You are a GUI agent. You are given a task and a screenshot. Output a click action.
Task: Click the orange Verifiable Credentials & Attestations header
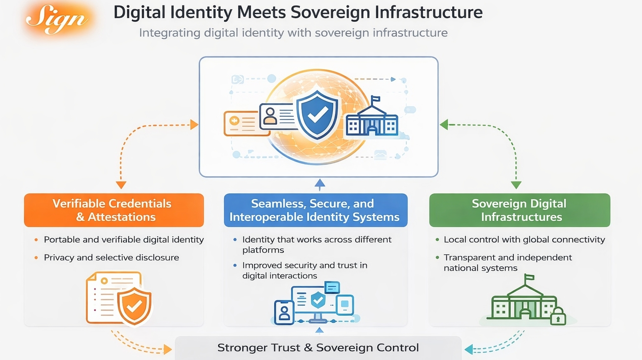(x=114, y=210)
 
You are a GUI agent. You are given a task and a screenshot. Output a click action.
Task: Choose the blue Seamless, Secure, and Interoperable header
(x=315, y=210)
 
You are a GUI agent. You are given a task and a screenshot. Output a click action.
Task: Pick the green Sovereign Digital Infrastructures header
(x=520, y=210)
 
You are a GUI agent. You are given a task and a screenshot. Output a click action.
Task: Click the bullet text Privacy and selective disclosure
(x=111, y=258)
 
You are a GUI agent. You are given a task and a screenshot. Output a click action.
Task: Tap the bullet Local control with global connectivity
(x=524, y=240)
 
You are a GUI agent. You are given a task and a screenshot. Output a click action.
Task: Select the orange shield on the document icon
(x=134, y=306)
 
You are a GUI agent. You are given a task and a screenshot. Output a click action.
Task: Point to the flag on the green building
(x=529, y=278)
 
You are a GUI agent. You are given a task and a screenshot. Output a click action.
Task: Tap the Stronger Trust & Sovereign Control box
(x=318, y=348)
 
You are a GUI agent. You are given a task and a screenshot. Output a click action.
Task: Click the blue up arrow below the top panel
(x=320, y=184)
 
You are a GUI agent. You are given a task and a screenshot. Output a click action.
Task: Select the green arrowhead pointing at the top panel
(x=444, y=125)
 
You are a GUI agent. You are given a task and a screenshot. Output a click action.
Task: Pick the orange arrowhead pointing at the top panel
(x=194, y=124)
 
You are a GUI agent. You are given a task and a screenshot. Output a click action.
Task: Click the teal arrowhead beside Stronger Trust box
(x=469, y=349)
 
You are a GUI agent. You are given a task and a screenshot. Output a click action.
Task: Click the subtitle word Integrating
(x=170, y=33)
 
